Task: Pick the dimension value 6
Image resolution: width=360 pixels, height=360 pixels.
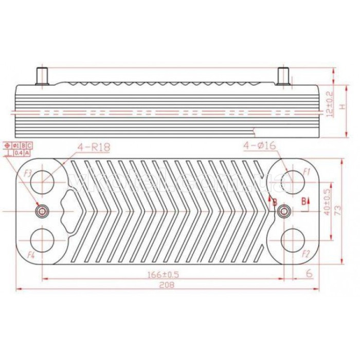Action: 309,274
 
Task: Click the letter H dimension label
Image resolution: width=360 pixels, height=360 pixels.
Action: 342,106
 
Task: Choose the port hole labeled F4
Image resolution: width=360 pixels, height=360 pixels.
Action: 41,239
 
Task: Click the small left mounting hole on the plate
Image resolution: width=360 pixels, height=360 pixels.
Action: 42,210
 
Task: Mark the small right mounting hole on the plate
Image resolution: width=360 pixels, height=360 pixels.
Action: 283,210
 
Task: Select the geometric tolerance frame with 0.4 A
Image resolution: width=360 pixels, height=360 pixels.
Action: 21,153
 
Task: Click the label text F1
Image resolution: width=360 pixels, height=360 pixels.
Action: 307,171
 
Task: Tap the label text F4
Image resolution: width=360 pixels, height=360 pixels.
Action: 30,254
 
